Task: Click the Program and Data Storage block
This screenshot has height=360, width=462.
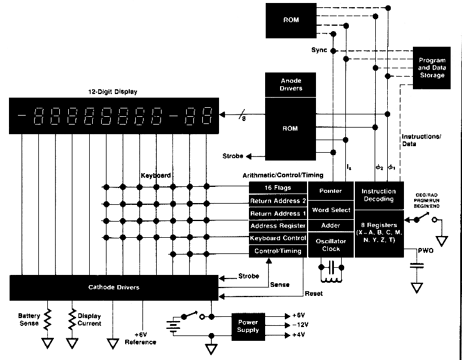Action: (x=431, y=68)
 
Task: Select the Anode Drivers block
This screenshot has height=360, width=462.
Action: (x=291, y=84)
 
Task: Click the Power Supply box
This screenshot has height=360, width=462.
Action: (x=248, y=326)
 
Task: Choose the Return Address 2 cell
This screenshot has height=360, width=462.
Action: (x=278, y=201)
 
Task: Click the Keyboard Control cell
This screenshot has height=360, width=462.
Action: (x=278, y=238)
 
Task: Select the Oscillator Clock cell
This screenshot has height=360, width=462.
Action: (x=331, y=245)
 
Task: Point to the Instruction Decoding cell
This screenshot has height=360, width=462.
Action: (x=379, y=195)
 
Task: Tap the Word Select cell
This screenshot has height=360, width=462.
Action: (x=331, y=210)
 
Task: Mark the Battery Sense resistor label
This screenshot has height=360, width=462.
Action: (x=28, y=319)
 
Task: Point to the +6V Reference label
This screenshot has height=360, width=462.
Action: (x=141, y=338)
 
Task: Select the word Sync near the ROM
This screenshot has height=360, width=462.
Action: (x=319, y=50)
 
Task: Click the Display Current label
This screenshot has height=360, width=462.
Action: (x=89, y=319)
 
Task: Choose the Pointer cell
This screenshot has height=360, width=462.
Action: (x=331, y=191)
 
